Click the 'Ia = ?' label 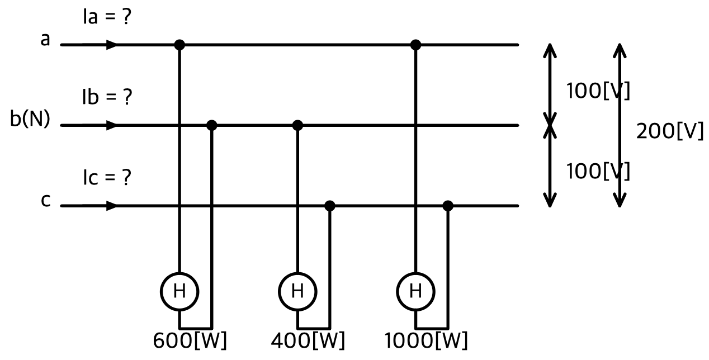107,17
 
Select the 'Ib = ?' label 107,97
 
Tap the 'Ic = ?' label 107,177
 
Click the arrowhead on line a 111,45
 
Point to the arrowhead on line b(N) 111,125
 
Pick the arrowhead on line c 111,206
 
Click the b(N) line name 30,119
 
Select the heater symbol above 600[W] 179,291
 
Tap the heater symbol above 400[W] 297,291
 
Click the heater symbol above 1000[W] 415,291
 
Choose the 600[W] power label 190,340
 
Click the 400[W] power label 308,340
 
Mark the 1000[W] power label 426,340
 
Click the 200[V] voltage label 670,131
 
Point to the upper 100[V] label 598,91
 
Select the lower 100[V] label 598,171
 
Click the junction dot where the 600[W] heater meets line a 179,45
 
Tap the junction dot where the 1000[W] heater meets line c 447,206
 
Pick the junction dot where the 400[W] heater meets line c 330,206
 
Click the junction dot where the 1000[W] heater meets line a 415,45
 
